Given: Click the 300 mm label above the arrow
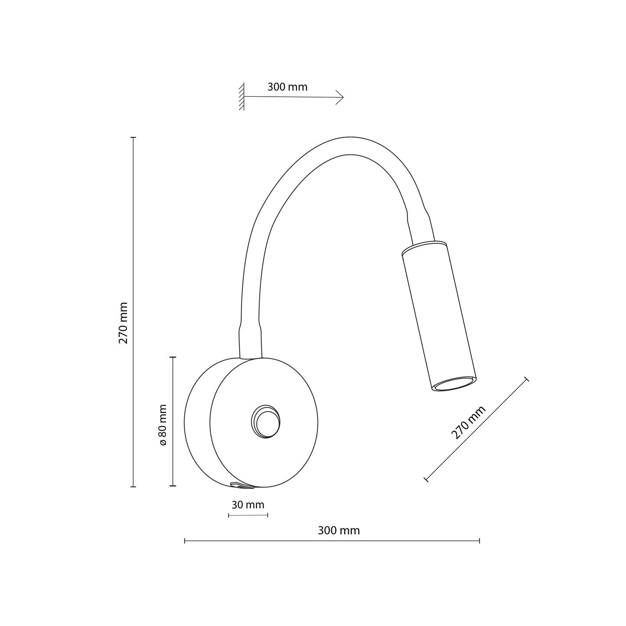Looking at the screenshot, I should (x=287, y=87).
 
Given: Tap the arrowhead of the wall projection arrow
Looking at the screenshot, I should (x=341, y=97).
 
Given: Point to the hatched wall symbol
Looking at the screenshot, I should (x=241, y=97).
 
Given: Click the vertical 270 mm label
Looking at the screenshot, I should (x=123, y=323).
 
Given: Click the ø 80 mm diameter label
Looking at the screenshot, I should (x=163, y=425).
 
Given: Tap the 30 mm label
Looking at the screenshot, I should (x=248, y=505).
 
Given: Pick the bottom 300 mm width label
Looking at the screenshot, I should (x=339, y=531).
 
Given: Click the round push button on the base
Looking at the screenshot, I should (x=266, y=422).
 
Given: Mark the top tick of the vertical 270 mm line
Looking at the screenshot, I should (x=133, y=137).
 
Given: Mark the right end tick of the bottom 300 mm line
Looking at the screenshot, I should (x=479, y=541).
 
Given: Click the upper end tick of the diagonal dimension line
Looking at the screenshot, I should (x=526, y=379).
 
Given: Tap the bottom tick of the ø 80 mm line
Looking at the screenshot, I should (x=173, y=486).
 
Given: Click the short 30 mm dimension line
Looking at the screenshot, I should (x=248, y=515).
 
